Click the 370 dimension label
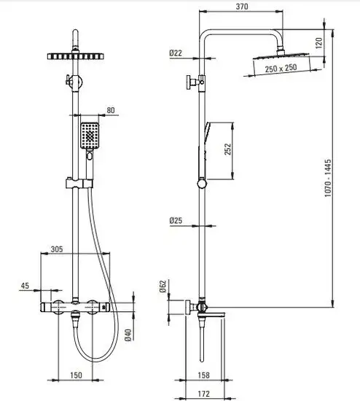242,7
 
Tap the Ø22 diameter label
176,53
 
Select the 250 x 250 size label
281,69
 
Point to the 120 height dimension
318,43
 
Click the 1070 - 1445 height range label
328,178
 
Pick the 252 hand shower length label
227,149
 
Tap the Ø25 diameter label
176,220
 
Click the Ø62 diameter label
163,287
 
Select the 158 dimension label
204,375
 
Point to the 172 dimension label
204,394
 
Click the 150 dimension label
76,375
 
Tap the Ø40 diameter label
128,335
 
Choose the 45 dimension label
25,286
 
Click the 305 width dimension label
57,249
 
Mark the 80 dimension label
111,110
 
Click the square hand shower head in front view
90,136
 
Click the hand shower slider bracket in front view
79,183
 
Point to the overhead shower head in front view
76,57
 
